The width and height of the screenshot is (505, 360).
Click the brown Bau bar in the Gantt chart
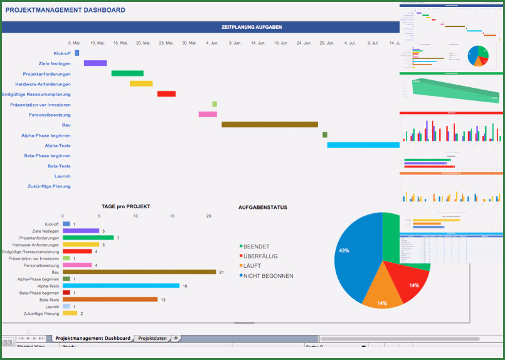pyautogui.click(x=270, y=125)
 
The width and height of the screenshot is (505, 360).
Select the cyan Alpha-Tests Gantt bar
pyautogui.click(x=363, y=146)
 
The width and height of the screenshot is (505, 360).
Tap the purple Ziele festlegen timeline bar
pyautogui.click(x=95, y=63)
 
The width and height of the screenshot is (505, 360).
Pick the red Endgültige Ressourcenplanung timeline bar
pyautogui.click(x=166, y=94)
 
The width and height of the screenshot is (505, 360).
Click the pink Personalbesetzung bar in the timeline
pyautogui.click(x=208, y=115)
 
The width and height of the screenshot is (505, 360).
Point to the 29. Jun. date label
pyautogui.click(x=326, y=43)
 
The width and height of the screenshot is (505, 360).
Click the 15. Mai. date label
pyautogui.click(x=120, y=43)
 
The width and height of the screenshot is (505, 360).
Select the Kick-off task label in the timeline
pyautogui.click(x=62, y=53)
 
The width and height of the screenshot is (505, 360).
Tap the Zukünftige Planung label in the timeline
pyautogui.click(x=49, y=186)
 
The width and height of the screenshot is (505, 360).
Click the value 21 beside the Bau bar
pyautogui.click(x=221, y=272)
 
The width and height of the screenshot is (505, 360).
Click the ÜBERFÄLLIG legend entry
pyautogui.click(x=260, y=257)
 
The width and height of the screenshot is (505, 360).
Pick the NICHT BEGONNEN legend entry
pyautogui.click(x=268, y=276)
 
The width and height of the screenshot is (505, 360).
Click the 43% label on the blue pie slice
pyautogui.click(x=344, y=250)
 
